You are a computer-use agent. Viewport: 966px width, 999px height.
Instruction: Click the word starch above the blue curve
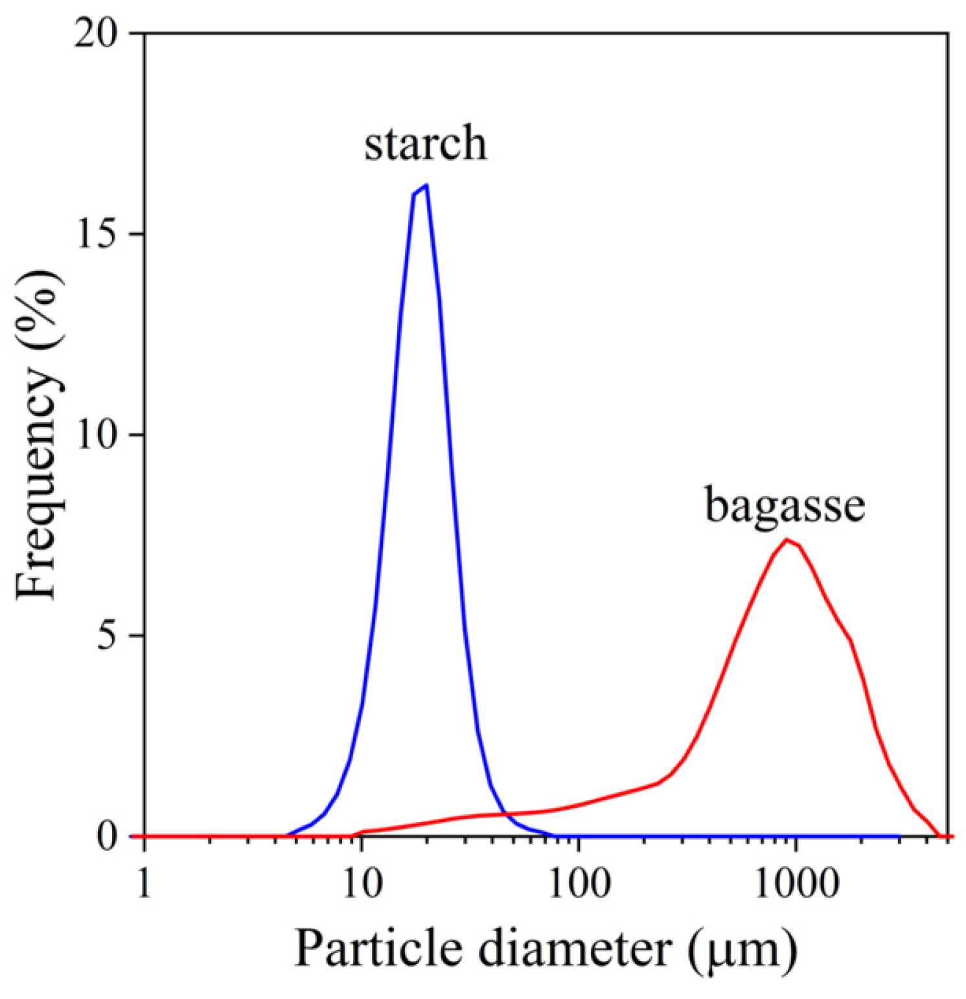click(425, 144)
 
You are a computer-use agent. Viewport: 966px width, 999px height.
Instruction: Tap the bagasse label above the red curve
click(785, 506)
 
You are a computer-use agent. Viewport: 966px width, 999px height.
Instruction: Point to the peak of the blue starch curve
click(426, 185)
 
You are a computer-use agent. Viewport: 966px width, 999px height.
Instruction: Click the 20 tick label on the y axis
click(99, 34)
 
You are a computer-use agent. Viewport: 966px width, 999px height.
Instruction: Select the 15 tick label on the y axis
click(99, 235)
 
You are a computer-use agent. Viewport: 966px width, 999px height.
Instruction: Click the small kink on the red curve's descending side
click(850, 641)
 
